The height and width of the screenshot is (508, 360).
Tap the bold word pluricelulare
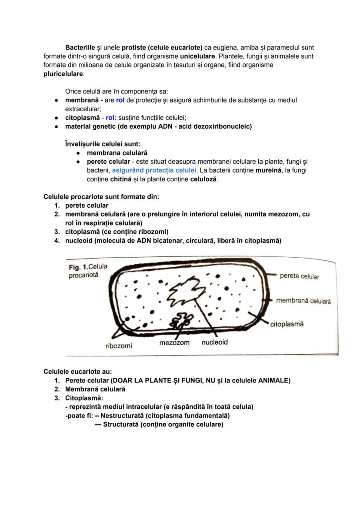click(63, 74)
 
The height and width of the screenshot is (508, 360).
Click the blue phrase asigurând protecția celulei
click(154, 170)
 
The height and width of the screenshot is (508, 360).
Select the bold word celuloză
click(203, 179)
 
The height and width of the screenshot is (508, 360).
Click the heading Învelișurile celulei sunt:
click(102, 144)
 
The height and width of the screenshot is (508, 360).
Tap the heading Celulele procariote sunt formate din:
click(101, 197)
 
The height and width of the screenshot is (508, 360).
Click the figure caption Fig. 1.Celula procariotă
click(88, 271)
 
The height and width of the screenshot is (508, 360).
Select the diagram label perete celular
click(299, 276)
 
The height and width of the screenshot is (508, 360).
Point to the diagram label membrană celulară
click(303, 301)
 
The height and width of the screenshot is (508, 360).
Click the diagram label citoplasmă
click(287, 324)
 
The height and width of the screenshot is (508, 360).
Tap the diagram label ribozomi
click(119, 346)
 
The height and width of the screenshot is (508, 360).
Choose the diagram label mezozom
click(174, 343)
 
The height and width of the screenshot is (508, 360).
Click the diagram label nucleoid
click(214, 342)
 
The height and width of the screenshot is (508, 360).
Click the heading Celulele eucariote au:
click(78, 372)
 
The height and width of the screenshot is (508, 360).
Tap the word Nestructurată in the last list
click(122, 415)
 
